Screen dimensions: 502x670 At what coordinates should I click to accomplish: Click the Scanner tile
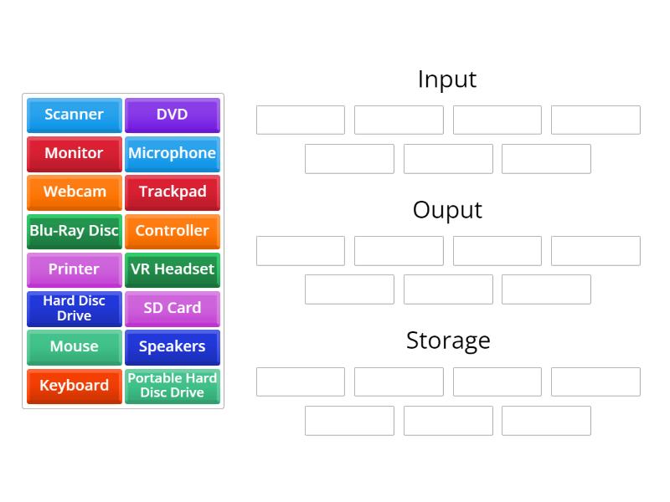point(74,115)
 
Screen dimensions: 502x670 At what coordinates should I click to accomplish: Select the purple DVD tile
point(172,115)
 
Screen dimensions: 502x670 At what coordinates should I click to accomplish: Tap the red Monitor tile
point(74,153)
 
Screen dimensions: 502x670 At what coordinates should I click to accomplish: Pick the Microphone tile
point(172,153)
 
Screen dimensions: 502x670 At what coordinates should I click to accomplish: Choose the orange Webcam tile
point(74,192)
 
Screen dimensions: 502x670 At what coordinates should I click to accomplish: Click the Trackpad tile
point(172,192)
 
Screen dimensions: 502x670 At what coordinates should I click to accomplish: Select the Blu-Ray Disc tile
point(74,231)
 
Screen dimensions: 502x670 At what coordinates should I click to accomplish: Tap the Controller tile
point(172,231)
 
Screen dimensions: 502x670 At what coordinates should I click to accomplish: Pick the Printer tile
point(74,269)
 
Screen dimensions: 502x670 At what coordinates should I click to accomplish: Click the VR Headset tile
point(172,269)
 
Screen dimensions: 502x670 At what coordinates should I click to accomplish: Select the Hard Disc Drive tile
point(74,308)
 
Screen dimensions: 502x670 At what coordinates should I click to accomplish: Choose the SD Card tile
point(172,308)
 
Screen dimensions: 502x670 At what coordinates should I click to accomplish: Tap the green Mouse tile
point(74,346)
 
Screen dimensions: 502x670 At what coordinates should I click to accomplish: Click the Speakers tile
point(172,346)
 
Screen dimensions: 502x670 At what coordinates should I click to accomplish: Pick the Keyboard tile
point(74,386)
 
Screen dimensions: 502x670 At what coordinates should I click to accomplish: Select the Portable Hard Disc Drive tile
point(172,386)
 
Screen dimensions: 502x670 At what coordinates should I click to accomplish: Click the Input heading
point(447,79)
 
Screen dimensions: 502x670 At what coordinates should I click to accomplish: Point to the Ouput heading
point(447,210)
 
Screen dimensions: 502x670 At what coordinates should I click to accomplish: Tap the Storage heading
point(447,341)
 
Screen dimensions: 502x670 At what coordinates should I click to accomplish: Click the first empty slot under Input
point(300,120)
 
